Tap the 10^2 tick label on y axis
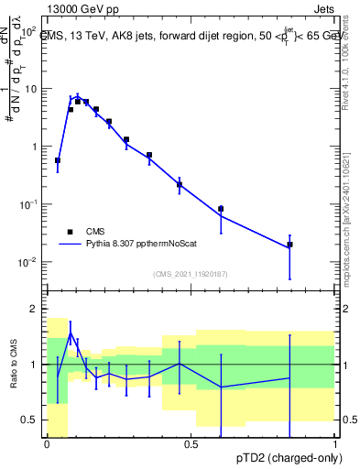click(x=27, y=31)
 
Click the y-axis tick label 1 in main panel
click(x=34, y=147)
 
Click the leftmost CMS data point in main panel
click(x=58, y=160)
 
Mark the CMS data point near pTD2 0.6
click(x=221, y=209)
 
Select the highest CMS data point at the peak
click(x=78, y=101)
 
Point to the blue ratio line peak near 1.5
click(x=71, y=334)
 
